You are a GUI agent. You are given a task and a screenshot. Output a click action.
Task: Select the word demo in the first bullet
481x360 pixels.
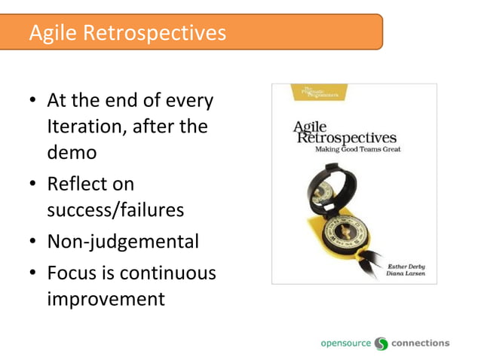tap(72, 152)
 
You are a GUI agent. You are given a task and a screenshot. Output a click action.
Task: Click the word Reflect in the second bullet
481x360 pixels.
tap(75, 184)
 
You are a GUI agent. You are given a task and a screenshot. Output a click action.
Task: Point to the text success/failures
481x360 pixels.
tap(115, 209)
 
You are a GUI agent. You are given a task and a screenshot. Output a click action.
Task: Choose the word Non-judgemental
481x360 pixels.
tap(123, 242)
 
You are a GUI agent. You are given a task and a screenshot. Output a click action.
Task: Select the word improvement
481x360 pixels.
tap(106, 298)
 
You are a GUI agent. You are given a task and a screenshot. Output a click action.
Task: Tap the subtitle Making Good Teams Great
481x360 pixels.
tap(357, 149)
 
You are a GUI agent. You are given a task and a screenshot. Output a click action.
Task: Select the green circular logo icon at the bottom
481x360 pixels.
tap(381, 343)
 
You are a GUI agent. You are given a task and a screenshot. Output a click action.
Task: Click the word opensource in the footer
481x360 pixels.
tap(346, 343)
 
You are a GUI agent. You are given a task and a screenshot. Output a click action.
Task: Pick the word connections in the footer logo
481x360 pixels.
tap(421, 343)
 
